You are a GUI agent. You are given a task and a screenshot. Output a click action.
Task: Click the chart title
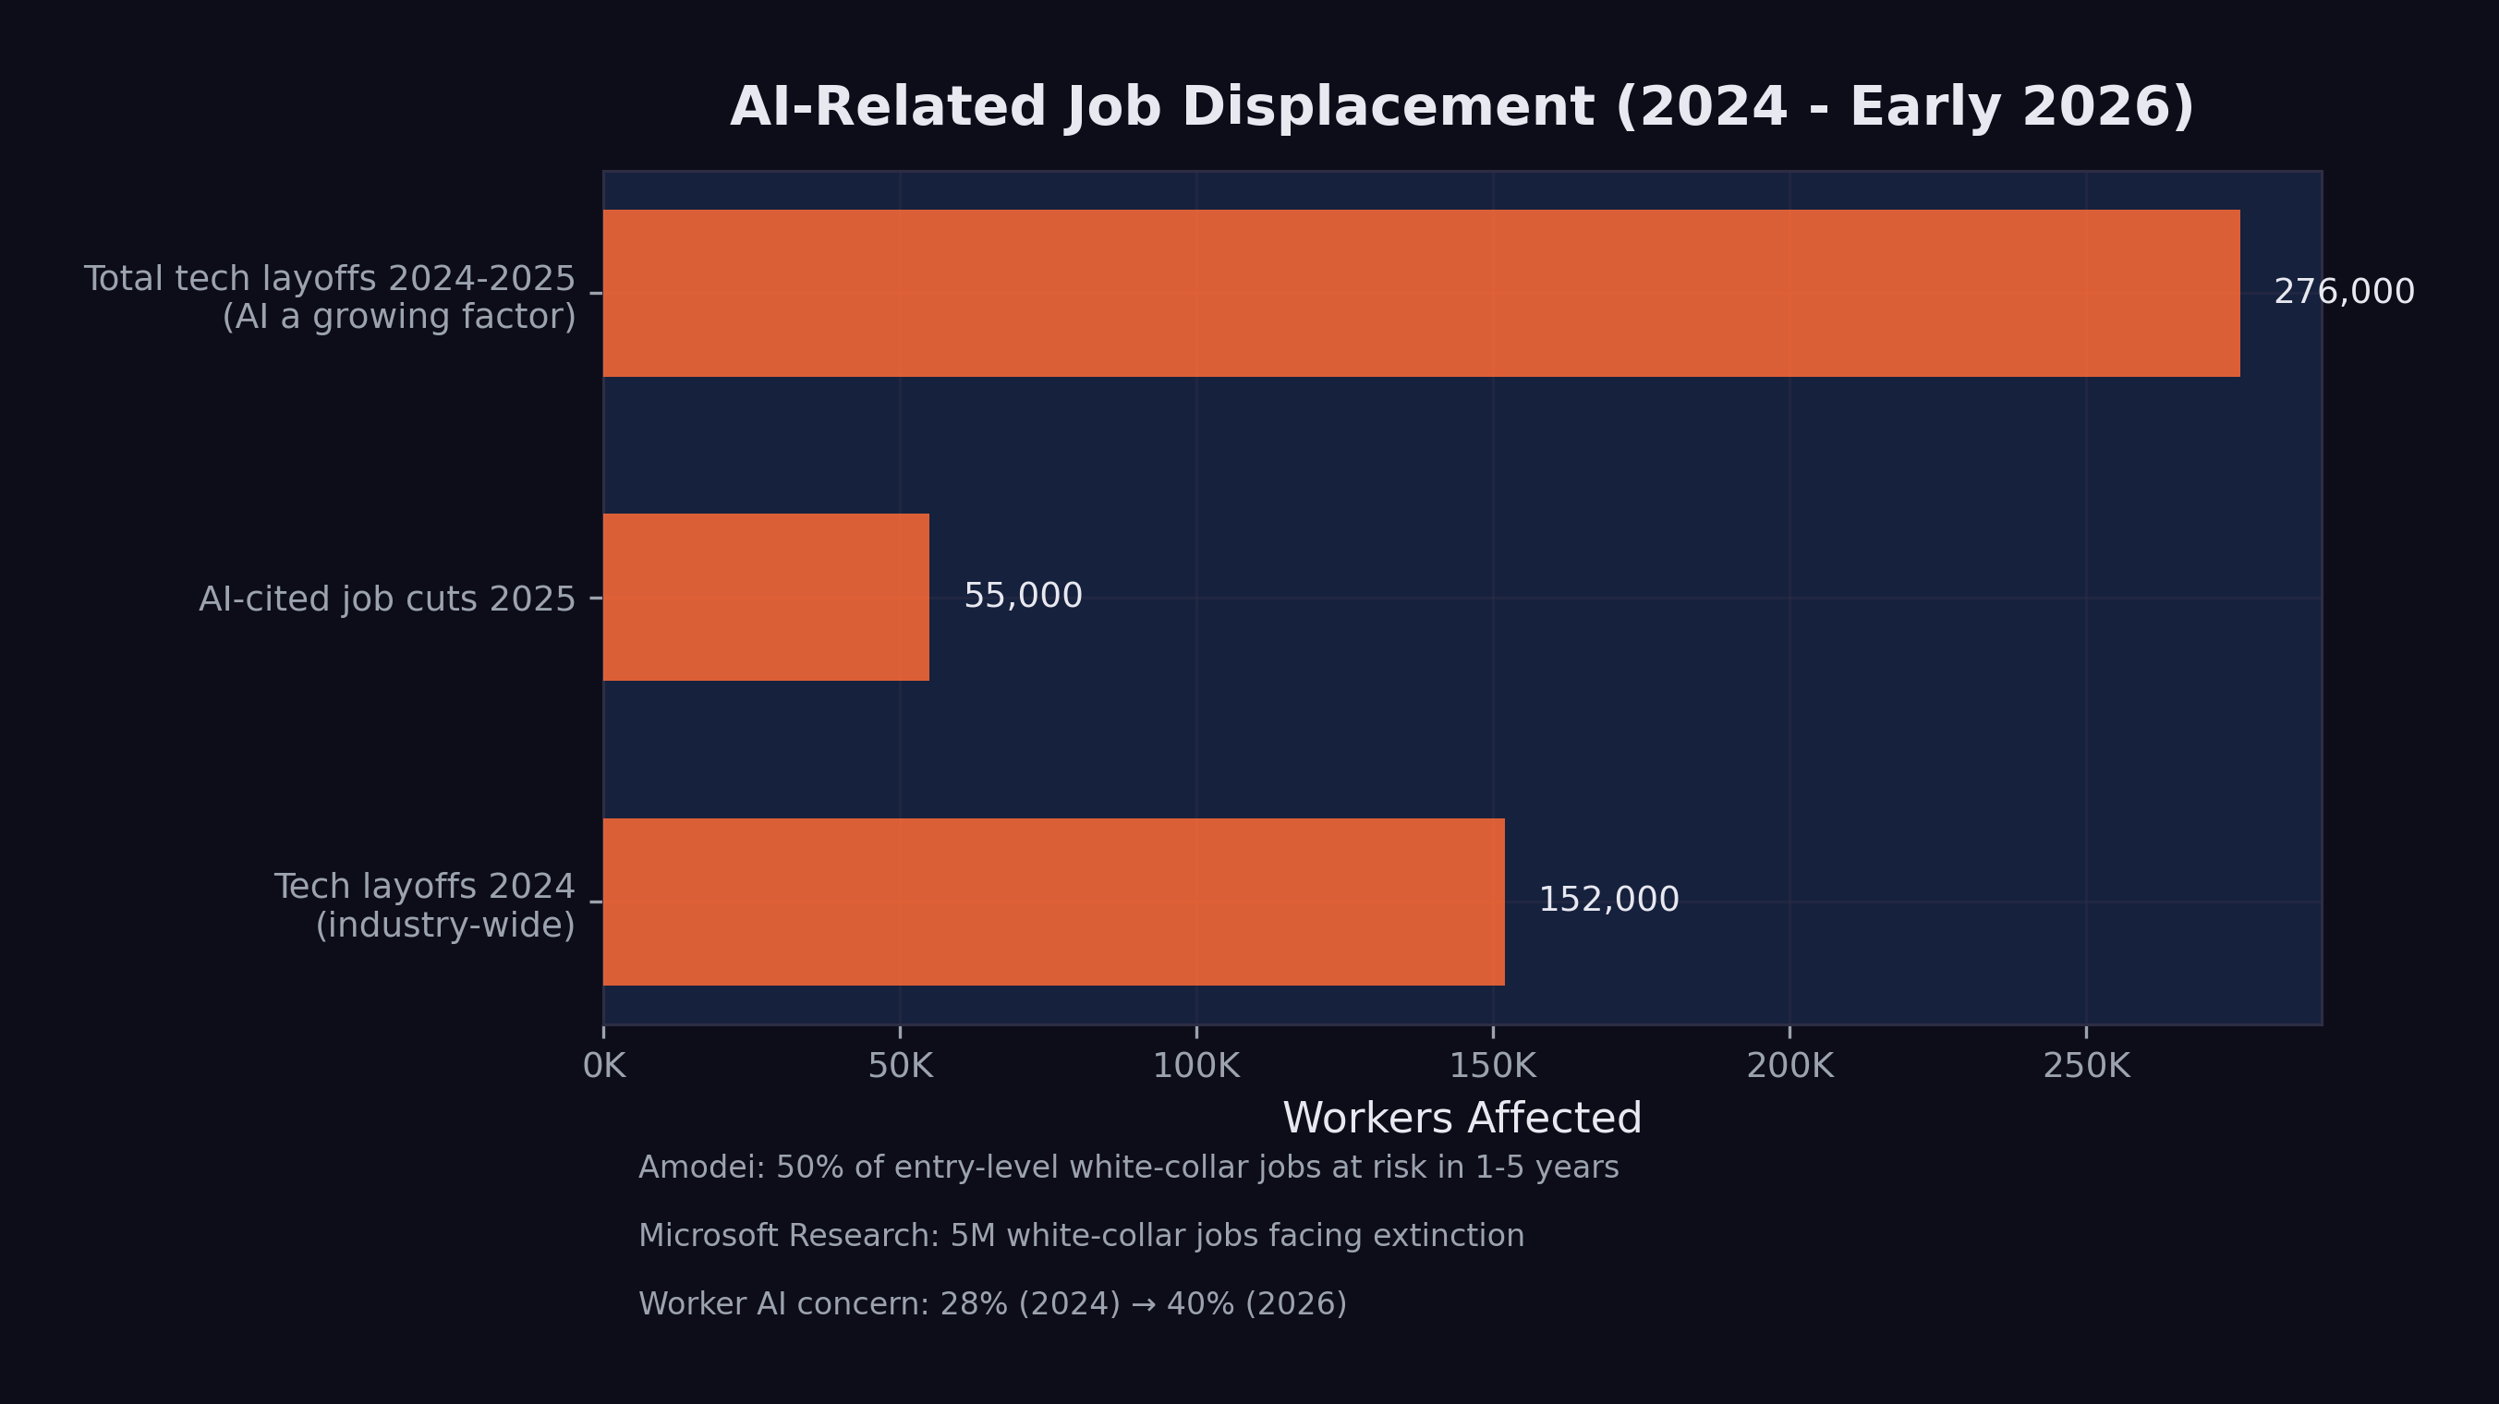[x=1462, y=106]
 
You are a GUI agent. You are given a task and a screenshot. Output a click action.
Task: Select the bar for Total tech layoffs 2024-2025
[x=1421, y=293]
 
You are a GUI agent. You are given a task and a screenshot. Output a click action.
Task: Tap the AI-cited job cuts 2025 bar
[x=766, y=598]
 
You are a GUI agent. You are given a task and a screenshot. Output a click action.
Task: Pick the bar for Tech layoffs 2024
[x=1053, y=902]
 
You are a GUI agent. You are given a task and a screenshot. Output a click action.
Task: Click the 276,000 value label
[x=2344, y=292]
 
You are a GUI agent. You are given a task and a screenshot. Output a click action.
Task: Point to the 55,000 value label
[x=1023, y=597]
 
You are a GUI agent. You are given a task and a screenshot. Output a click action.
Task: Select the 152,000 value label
[x=1608, y=900]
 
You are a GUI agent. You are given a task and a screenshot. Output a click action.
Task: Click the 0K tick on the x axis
[x=604, y=1067]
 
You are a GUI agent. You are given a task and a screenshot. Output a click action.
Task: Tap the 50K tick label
[x=900, y=1067]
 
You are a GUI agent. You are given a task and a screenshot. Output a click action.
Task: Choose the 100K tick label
[x=1196, y=1067]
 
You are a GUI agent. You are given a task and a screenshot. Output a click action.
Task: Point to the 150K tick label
[x=1493, y=1067]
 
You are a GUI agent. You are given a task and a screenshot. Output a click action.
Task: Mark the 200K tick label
[x=1789, y=1067]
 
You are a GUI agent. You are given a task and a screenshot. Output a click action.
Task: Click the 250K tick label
[x=2087, y=1067]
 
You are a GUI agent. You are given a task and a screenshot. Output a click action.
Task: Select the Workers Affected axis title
[x=1462, y=1119]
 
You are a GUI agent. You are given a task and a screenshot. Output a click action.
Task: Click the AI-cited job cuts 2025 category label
[x=387, y=599]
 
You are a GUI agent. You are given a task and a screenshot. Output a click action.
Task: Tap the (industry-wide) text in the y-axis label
[x=445, y=926]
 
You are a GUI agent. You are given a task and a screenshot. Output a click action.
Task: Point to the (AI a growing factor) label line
[x=399, y=317]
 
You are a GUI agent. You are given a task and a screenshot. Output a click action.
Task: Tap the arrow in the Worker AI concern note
[x=1144, y=1304]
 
